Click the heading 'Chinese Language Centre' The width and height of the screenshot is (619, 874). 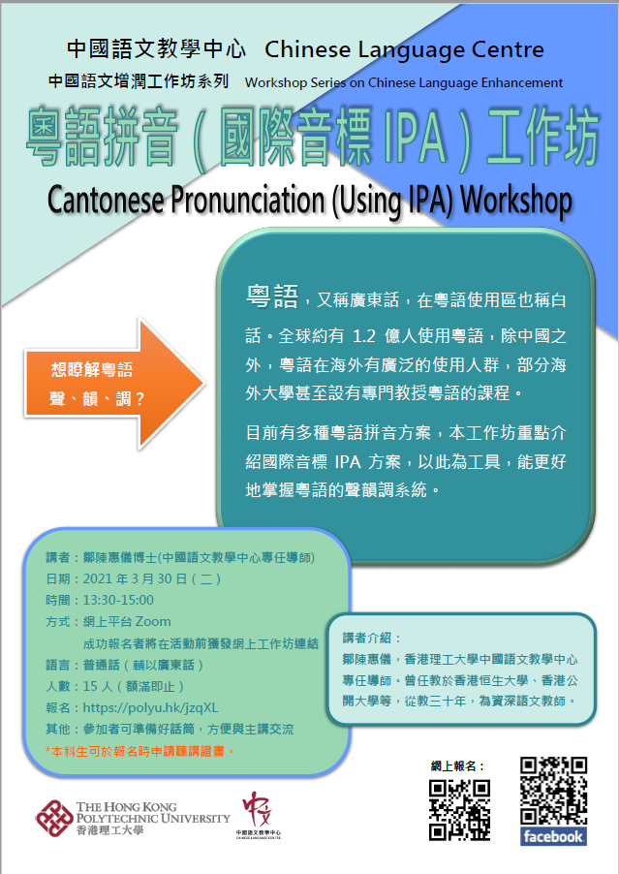coord(403,49)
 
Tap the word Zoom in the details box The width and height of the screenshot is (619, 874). coord(154,621)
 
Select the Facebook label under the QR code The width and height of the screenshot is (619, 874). coord(553,835)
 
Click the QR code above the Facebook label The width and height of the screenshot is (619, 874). coord(553,791)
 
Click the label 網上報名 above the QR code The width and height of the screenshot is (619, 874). coord(459,765)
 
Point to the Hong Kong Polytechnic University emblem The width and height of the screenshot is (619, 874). coord(52,816)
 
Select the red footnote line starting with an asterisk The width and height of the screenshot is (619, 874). coord(140,750)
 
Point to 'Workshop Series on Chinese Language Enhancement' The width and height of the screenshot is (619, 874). coord(404,82)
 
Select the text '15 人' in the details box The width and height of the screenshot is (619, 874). coord(99,685)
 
